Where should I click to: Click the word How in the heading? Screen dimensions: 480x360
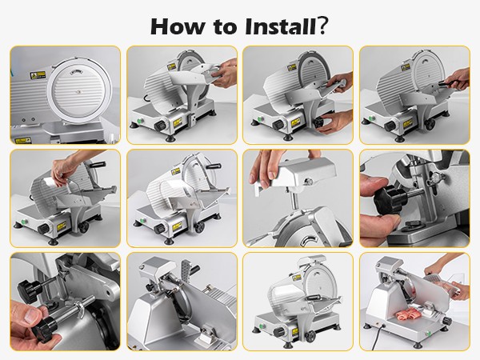click(177, 26)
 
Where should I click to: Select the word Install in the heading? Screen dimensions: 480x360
click(280, 26)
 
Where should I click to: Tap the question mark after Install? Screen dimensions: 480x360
click(322, 26)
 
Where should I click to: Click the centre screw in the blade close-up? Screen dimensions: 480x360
click(79, 91)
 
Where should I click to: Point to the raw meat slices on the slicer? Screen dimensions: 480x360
click(408, 316)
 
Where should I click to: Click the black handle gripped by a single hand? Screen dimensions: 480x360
click(448, 83)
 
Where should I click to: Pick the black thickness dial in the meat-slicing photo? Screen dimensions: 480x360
click(447, 321)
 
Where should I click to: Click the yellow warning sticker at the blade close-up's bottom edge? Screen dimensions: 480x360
click(22, 141)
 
